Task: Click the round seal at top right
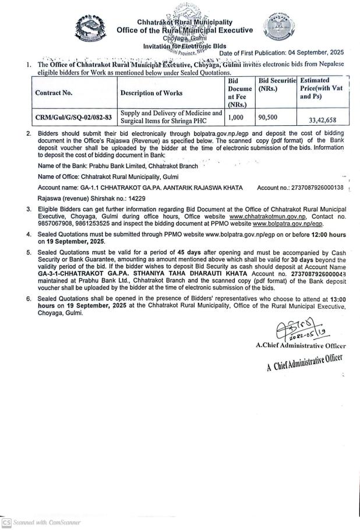click(x=276, y=26)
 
